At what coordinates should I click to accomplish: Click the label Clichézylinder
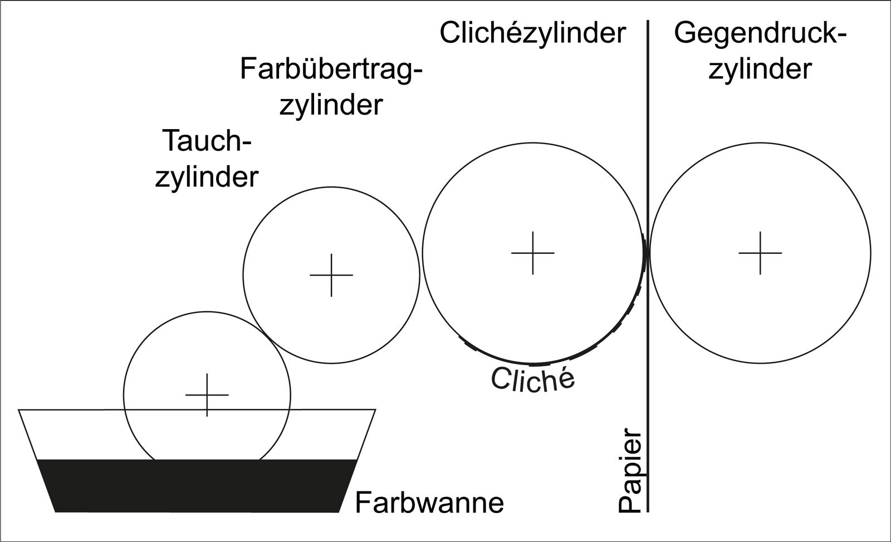(x=532, y=34)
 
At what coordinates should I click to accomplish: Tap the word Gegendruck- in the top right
(x=760, y=34)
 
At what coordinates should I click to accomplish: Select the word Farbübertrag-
(x=331, y=70)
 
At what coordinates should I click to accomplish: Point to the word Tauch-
(x=207, y=141)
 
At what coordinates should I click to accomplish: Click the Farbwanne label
(x=429, y=503)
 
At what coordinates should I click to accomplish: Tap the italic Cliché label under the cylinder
(x=532, y=380)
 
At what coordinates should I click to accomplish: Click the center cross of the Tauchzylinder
(x=207, y=395)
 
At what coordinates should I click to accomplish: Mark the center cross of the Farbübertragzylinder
(x=331, y=275)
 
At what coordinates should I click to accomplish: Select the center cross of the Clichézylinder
(x=533, y=253)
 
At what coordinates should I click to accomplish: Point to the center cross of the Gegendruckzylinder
(x=760, y=253)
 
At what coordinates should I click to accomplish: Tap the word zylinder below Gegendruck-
(x=760, y=70)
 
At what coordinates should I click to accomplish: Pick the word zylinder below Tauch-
(x=207, y=177)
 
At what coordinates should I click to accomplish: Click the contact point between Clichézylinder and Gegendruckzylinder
(x=647, y=253)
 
